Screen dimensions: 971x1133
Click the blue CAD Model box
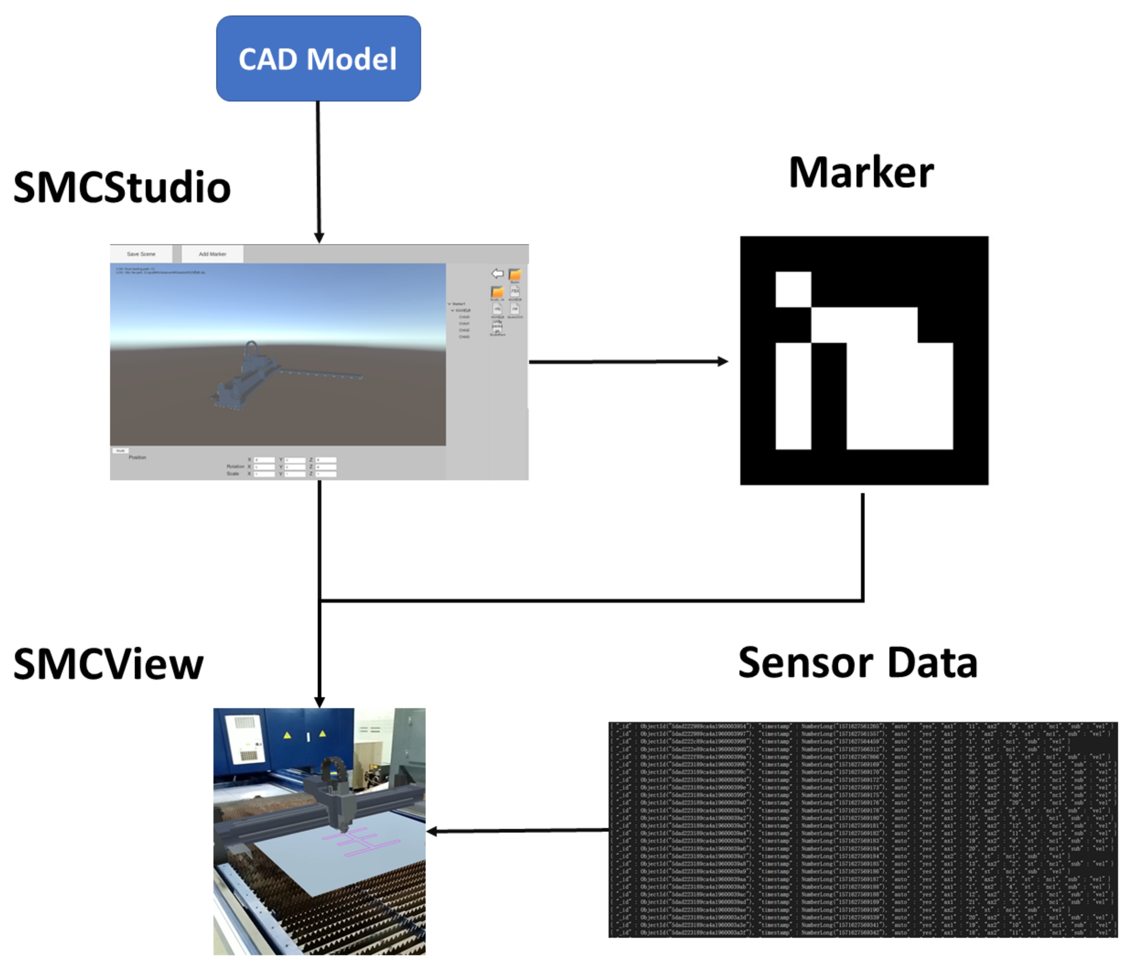tap(318, 59)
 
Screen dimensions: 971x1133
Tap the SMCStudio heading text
tap(122, 188)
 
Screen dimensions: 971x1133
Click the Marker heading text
tap(861, 173)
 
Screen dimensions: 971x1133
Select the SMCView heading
tap(108, 664)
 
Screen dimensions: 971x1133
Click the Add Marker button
tap(212, 254)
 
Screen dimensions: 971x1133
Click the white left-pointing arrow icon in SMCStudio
tap(497, 273)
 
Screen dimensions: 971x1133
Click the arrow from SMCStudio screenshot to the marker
tap(629, 362)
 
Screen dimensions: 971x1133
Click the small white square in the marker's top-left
tap(793, 289)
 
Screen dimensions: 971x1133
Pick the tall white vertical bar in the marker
tap(793, 396)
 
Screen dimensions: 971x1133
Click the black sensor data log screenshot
tap(863, 829)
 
